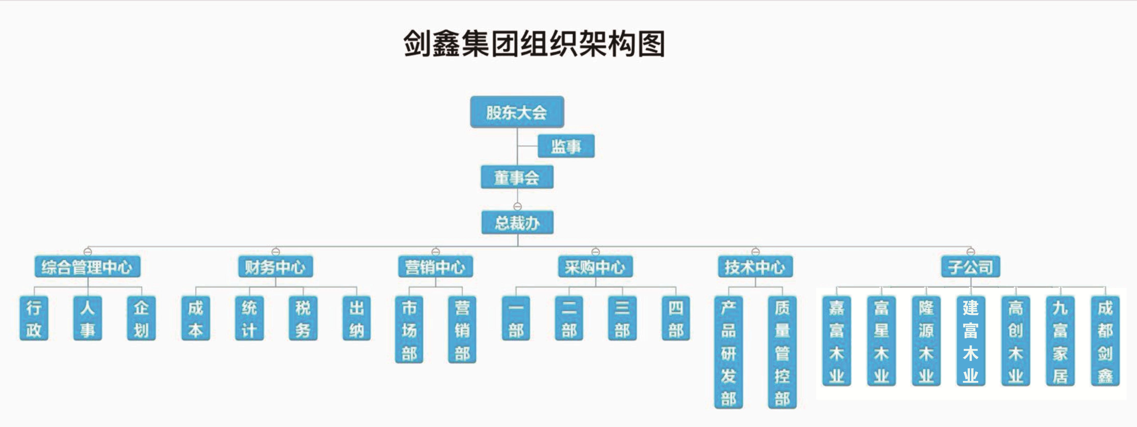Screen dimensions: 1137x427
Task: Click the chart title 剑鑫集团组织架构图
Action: (x=534, y=44)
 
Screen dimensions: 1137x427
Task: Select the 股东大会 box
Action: (x=517, y=112)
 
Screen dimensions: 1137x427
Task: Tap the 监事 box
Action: (x=566, y=146)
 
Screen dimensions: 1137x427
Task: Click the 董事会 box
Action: (x=517, y=177)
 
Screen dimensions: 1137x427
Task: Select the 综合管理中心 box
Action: (x=87, y=267)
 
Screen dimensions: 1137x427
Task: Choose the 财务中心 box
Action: (x=275, y=267)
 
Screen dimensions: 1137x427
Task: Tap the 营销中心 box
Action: (x=435, y=267)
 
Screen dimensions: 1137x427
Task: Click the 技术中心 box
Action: (x=755, y=267)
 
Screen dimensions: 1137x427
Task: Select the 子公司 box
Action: (x=971, y=267)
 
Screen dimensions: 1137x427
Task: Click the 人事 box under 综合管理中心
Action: (x=87, y=318)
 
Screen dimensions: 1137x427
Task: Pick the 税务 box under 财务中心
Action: (x=303, y=318)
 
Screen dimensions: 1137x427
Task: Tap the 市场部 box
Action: (x=409, y=330)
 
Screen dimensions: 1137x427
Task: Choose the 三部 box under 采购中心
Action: (x=622, y=318)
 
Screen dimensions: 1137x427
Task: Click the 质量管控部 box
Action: (x=782, y=352)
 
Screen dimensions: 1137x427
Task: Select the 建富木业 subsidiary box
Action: (x=971, y=341)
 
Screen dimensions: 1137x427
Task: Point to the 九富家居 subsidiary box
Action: (x=1060, y=341)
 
